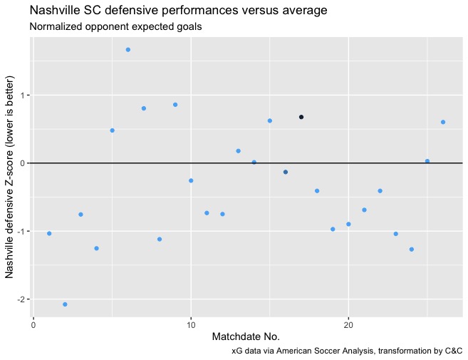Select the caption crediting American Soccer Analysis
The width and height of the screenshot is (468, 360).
(347, 351)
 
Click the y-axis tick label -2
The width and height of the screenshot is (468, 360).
(23, 299)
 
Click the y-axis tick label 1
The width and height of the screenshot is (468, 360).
(24, 96)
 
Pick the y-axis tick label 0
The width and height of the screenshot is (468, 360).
(24, 163)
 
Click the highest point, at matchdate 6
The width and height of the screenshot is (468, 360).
(128, 50)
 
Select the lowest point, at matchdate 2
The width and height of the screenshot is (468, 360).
(65, 304)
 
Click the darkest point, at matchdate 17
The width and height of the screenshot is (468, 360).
(301, 117)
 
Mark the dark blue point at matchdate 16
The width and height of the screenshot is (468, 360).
(286, 172)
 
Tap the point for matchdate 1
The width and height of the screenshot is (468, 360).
(49, 233)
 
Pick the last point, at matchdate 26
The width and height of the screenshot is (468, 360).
(443, 122)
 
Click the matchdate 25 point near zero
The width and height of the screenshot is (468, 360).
(427, 161)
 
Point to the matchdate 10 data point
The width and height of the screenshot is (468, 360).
(191, 180)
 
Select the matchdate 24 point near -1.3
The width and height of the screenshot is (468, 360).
(412, 249)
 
